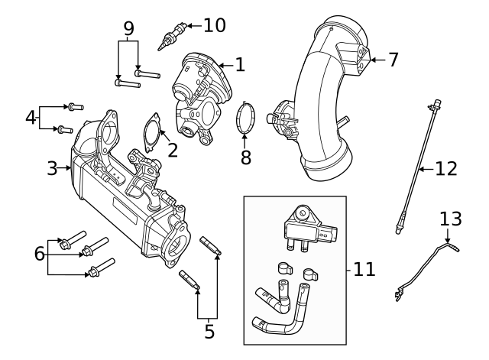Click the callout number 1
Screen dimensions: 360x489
click(240, 64)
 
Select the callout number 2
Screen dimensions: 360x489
click(173, 149)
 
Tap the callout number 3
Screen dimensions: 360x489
click(52, 168)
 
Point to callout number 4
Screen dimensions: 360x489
click(31, 118)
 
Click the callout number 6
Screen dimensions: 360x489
click(40, 254)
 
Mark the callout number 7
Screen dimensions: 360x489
click(393, 60)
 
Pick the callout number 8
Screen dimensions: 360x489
click(244, 158)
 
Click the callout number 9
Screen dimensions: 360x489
click(129, 29)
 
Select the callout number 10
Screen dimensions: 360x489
click(214, 25)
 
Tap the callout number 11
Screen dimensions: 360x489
click(365, 269)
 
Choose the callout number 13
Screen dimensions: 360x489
click(451, 219)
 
